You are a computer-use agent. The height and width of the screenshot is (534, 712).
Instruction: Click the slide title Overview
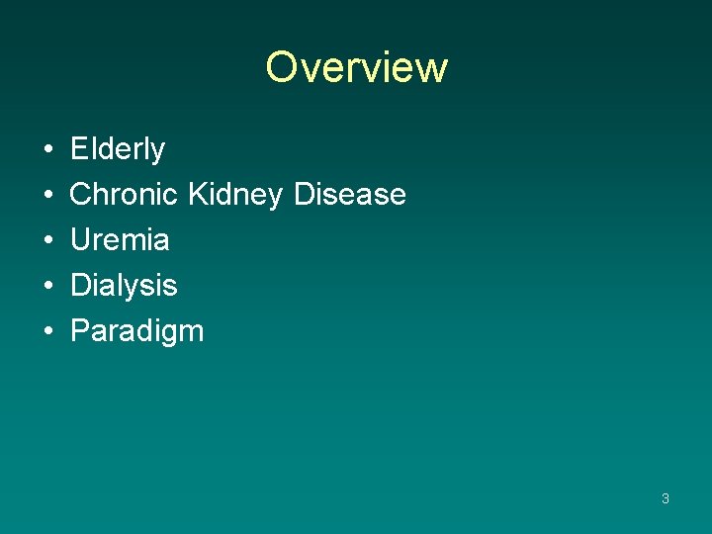[356, 67]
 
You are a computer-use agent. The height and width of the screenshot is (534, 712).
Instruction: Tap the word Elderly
[118, 149]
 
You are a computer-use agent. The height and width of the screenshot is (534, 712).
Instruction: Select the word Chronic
[125, 194]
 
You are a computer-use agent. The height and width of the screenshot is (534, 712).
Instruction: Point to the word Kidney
[234, 195]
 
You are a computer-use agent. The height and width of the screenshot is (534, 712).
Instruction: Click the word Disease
[350, 194]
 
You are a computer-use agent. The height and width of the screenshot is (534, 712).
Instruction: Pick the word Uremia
[120, 239]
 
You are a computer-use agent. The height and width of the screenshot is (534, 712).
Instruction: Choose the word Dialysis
[124, 286]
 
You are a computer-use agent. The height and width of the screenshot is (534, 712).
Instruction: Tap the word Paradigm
[136, 331]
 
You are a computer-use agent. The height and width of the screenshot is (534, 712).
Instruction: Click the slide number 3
[666, 498]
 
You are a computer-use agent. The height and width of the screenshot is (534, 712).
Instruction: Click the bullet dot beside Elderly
[48, 150]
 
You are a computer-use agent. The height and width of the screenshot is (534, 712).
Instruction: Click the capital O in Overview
[282, 67]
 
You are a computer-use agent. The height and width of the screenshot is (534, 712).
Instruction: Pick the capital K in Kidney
[196, 194]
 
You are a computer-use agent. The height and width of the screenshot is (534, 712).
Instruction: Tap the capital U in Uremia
[80, 239]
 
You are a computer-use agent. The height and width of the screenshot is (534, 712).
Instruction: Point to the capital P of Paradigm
[79, 330]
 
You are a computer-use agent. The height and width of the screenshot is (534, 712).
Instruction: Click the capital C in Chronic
[81, 194]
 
